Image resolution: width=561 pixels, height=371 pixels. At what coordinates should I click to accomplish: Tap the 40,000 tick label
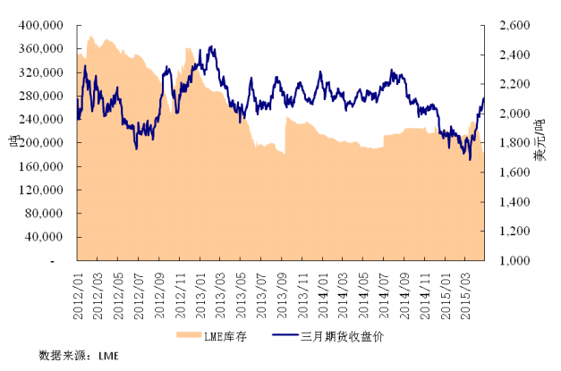(x=46, y=238)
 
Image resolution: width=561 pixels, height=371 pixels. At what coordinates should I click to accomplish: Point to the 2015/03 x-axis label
(x=469, y=287)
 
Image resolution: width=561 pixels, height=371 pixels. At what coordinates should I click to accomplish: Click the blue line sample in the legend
(x=286, y=335)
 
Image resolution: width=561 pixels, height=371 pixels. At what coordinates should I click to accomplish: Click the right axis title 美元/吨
(x=540, y=143)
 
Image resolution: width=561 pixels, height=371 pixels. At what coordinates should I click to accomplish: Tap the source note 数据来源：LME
(x=79, y=355)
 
